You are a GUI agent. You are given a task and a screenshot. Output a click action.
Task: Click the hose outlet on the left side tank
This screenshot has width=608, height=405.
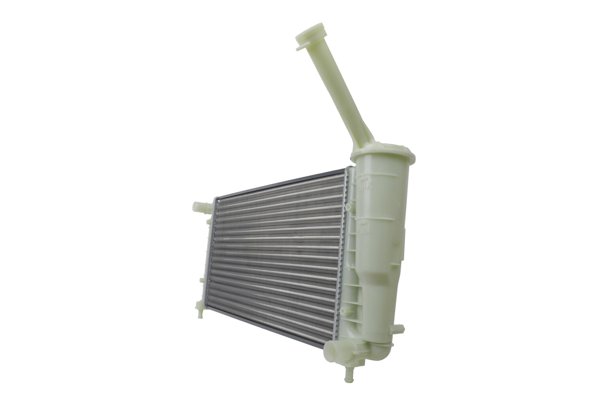click(201, 207)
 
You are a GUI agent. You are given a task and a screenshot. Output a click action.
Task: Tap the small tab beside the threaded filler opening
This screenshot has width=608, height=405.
click(300, 48)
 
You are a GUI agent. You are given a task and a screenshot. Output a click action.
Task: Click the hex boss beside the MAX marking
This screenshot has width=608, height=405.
click(349, 207)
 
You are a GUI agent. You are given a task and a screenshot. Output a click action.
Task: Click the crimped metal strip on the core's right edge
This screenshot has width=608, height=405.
click(341, 259)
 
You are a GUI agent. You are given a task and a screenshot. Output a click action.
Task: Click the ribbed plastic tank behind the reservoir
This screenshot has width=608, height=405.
click(352, 259)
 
